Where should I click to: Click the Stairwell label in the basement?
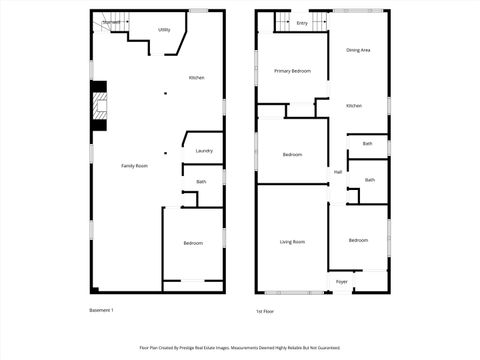point(111,21)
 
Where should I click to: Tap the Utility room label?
point(164,30)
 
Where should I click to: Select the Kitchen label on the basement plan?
point(197,78)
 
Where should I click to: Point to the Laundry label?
point(204,151)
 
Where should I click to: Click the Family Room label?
point(135,165)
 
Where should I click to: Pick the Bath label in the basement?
point(202,181)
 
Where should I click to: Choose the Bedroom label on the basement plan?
point(193,243)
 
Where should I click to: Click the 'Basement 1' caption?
point(102,310)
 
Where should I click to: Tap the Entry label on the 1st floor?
point(302,22)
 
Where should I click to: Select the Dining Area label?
point(359,49)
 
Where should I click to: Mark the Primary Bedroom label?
point(293,71)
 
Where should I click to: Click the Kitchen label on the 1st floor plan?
point(354,106)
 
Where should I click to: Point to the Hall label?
point(338,172)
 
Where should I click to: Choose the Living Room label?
point(292,242)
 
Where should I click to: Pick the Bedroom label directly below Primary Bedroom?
point(293,154)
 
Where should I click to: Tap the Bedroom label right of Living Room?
point(359,240)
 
